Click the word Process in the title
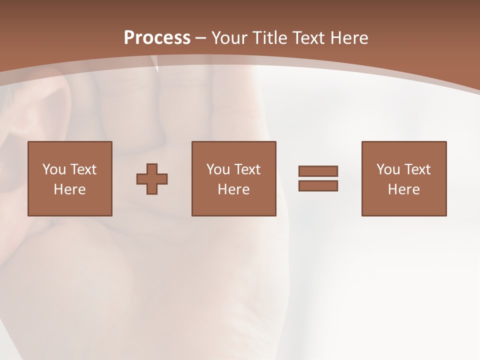pyautogui.click(x=157, y=37)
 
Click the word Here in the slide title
pyautogui.click(x=349, y=38)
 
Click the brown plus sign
pyautogui.click(x=152, y=179)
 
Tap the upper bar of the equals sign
pyautogui.click(x=318, y=171)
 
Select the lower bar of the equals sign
pyautogui.click(x=318, y=185)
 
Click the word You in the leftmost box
pyautogui.click(x=54, y=169)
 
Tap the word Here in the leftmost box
pyautogui.click(x=69, y=189)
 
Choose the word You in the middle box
pyautogui.click(x=218, y=169)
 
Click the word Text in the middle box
pyautogui.click(x=246, y=169)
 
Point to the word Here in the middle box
pyautogui.click(x=233, y=189)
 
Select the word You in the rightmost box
pyautogui.click(x=388, y=169)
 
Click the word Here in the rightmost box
pyautogui.click(x=403, y=189)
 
